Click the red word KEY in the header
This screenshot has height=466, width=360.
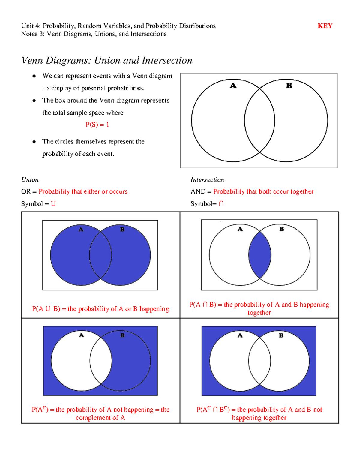pos(325,26)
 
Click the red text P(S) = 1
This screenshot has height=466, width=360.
pos(97,125)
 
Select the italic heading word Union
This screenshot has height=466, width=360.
pos(30,180)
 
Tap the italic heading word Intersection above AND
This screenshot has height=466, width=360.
pos(207,180)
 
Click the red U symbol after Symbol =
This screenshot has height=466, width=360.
pos(53,204)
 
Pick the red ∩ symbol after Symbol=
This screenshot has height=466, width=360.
pos(221,204)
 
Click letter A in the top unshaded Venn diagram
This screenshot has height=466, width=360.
pos(233,86)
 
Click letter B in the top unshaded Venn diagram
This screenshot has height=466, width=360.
pos(289,86)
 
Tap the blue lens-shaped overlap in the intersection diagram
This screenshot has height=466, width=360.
pos(260,255)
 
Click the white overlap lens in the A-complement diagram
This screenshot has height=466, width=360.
pos(101,361)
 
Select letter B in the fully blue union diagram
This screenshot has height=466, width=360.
pos(122,230)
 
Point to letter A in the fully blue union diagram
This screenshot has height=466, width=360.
pos(81,230)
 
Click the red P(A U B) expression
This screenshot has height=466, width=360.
pos(46,309)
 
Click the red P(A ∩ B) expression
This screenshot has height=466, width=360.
pos(203,305)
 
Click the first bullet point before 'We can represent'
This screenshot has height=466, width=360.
pos(34,76)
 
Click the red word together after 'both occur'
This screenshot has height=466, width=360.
pos(302,191)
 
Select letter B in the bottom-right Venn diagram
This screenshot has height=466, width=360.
pos(281,335)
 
